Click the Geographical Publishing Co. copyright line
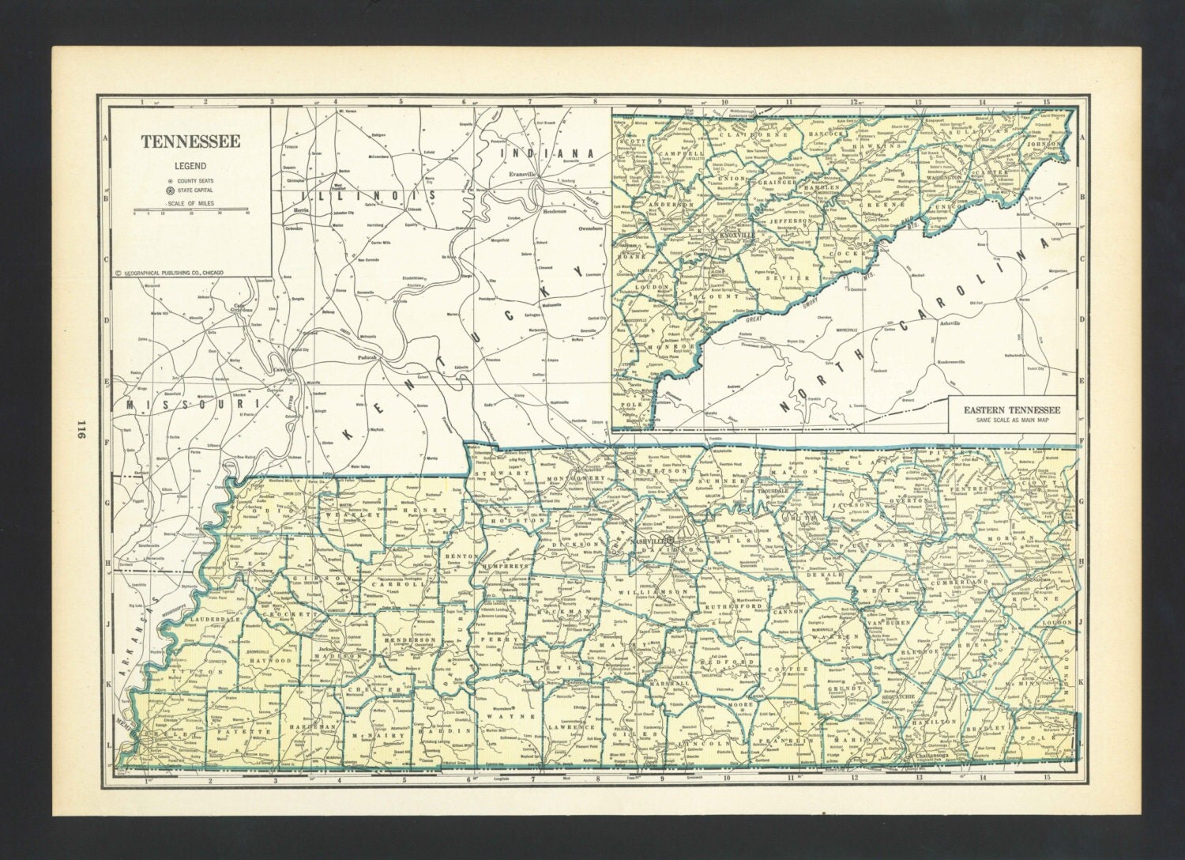[x=169, y=272]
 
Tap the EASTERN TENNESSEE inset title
[x=1010, y=409]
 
